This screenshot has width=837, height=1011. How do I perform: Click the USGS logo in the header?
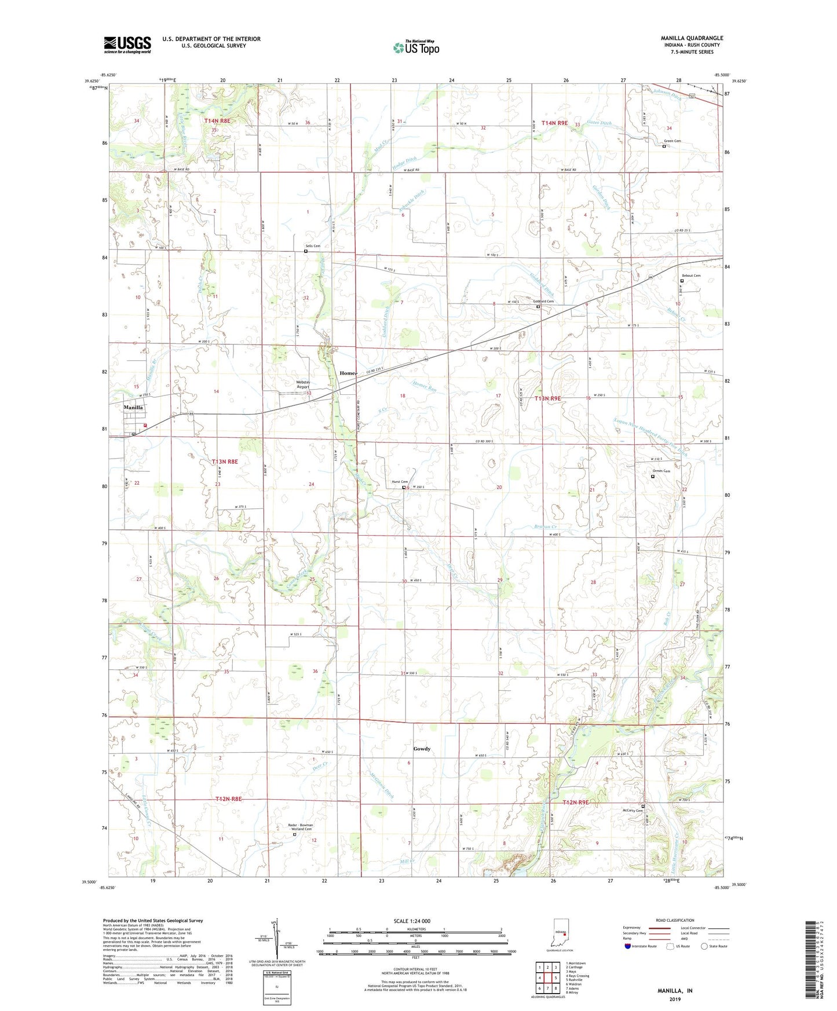coord(127,45)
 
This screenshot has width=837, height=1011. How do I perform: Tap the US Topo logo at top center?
coord(415,47)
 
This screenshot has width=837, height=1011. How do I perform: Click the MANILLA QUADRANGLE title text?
coord(692,38)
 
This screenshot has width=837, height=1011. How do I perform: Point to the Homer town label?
coord(348,373)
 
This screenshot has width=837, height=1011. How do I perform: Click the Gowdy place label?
coord(422,749)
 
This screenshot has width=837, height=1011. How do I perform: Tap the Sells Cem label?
coord(313,246)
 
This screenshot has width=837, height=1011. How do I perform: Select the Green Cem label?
coord(672,141)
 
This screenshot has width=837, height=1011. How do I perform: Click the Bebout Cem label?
coord(690,276)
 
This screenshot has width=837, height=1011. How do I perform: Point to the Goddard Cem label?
coord(543,301)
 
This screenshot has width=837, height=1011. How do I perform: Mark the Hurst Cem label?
coord(400,482)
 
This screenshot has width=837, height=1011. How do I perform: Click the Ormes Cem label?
coord(661,471)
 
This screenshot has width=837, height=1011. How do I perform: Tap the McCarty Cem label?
coord(633,811)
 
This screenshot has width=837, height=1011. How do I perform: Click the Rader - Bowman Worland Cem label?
coord(301,826)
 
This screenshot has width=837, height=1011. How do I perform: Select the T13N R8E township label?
coord(225,461)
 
